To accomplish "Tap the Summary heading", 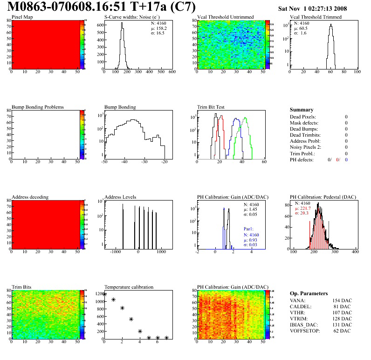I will tap(302, 110).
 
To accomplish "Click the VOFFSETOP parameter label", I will tap(306, 331).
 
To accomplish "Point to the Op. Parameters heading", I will tap(309, 293).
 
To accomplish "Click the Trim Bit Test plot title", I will tap(211, 107).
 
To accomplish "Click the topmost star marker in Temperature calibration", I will tap(104, 294).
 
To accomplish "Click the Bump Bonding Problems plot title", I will tap(38, 107).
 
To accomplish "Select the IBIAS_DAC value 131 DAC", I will tap(343, 325).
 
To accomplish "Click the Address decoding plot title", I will tap(30, 197).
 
